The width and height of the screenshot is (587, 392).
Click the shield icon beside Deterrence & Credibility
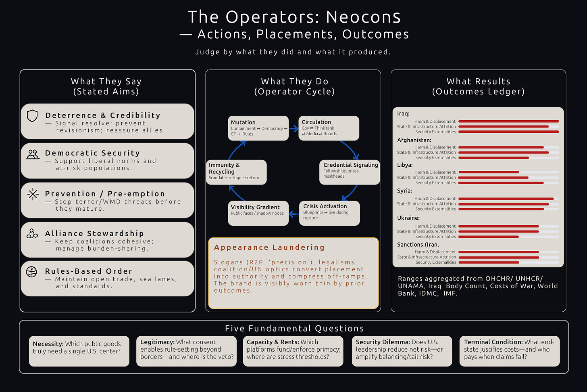pyautogui.click(x=32, y=116)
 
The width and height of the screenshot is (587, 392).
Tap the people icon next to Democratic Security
pyautogui.click(x=33, y=154)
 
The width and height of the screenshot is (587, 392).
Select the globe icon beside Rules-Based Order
pyautogui.click(x=31, y=272)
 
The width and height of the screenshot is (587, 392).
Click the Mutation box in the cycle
pyautogui.click(x=258, y=128)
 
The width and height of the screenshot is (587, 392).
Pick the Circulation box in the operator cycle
pyautogui.click(x=329, y=128)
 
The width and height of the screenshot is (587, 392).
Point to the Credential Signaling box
pyautogui.click(x=350, y=172)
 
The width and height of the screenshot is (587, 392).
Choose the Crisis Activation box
pyautogui.click(x=329, y=213)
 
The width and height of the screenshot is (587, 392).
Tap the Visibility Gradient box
pyautogui.click(x=258, y=213)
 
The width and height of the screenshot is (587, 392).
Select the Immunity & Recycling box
pyautogui.click(x=236, y=172)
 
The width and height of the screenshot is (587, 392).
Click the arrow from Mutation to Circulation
pyautogui.click(x=293, y=129)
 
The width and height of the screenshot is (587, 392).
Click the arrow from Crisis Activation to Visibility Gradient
pyautogui.click(x=294, y=213)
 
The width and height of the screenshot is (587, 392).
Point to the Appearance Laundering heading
pyautogui.click(x=269, y=247)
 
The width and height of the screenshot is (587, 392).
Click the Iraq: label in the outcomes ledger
pyautogui.click(x=403, y=113)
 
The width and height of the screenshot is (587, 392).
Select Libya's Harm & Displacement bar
pyautogui.click(x=489, y=172)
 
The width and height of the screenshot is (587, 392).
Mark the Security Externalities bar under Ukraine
pyautogui.click(x=489, y=237)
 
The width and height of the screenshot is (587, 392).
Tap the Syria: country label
pyautogui.click(x=404, y=191)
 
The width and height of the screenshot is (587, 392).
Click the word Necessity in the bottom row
pyautogui.click(x=48, y=344)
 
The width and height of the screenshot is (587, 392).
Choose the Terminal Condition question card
pyautogui.click(x=509, y=351)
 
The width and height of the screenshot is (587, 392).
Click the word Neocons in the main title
pyautogui.click(x=363, y=17)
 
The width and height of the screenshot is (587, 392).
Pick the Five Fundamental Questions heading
pyautogui.click(x=294, y=329)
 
